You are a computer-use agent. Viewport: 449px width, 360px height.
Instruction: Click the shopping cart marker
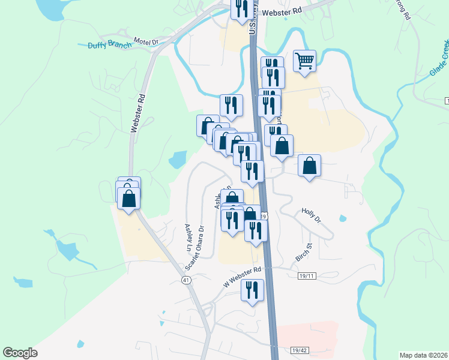(x=305, y=61)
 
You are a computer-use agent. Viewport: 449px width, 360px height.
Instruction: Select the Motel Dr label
(x=146, y=41)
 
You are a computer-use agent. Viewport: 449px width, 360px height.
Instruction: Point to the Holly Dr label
(x=312, y=216)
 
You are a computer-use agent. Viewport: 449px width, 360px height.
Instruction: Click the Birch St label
(x=304, y=253)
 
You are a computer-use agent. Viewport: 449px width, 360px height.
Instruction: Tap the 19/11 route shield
(x=307, y=275)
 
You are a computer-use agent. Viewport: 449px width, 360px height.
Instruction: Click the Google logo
(x=20, y=353)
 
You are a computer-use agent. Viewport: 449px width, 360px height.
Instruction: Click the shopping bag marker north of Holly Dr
(x=309, y=166)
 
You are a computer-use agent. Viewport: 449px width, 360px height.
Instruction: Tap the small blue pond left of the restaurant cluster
(x=178, y=160)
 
